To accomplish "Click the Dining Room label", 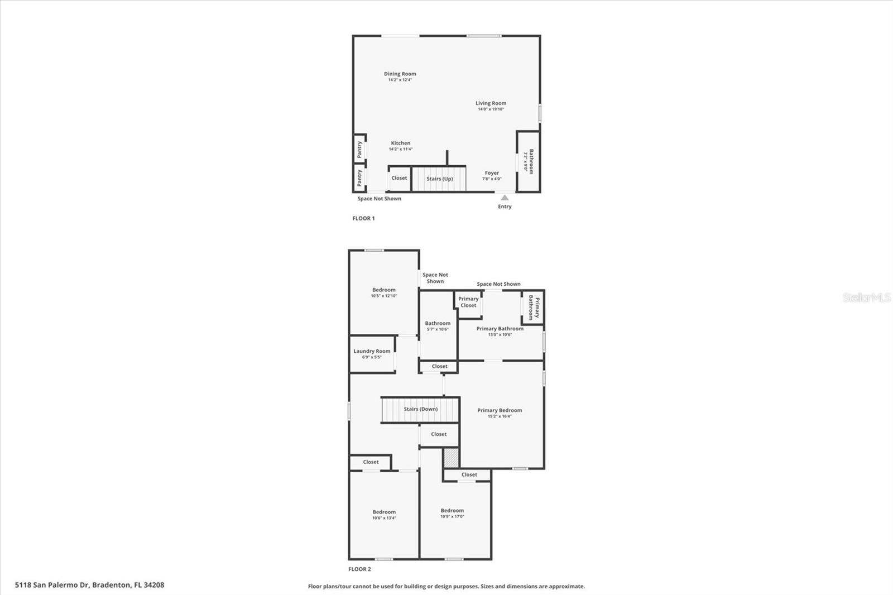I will (400, 74).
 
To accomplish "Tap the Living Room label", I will (491, 103).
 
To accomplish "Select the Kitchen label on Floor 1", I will (400, 143).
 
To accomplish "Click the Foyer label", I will (492, 174).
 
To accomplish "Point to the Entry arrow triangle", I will (505, 198).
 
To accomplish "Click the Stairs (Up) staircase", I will (439, 179).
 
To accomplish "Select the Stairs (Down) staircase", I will (420, 409).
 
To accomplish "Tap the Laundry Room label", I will (372, 352).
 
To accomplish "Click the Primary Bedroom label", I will (500, 411).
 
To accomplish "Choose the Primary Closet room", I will (468, 303).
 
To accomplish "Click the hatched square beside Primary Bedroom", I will (451, 458).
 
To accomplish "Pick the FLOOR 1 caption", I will (363, 218).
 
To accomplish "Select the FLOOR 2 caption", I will (359, 569).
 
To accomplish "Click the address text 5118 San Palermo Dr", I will (89, 585).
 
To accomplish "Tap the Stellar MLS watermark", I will (866, 297).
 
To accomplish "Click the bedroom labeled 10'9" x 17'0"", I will (452, 511).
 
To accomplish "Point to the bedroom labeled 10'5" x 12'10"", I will (384, 290).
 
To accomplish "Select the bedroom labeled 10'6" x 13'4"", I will (384, 512).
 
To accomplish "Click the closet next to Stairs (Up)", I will (399, 178).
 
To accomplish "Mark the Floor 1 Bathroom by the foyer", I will (528, 161).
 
